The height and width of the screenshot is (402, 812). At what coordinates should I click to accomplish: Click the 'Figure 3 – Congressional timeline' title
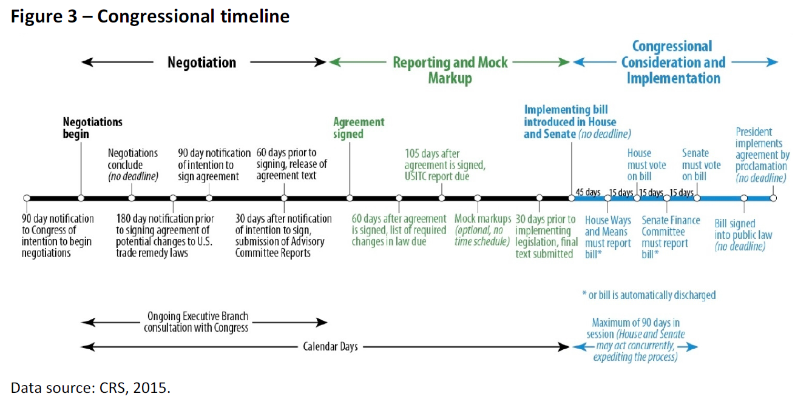coord(150,16)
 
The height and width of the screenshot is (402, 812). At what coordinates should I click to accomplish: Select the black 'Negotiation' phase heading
coord(201,62)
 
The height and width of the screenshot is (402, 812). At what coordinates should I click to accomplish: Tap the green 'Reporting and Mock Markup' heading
coord(450,70)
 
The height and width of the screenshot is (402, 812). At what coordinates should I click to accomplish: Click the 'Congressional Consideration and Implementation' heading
coord(672,62)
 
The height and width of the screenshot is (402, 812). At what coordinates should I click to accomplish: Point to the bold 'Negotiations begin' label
coord(92,128)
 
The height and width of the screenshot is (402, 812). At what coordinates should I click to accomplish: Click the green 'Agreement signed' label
coord(358,128)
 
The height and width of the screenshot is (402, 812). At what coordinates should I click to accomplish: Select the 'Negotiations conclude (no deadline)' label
coord(133,165)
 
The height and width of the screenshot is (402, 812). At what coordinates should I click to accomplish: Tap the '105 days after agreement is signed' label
coord(445,165)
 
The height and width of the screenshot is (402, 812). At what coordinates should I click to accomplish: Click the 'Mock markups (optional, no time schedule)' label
coord(482,230)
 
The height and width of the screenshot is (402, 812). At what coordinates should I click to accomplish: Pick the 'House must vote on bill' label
coord(646,165)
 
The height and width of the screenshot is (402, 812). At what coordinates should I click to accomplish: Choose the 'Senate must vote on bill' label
coord(701,165)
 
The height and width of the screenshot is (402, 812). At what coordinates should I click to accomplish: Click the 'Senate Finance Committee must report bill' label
coord(671,237)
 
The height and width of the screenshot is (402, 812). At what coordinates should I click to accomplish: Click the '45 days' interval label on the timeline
coord(588,192)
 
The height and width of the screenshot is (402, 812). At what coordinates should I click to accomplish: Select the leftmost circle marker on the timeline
coord(26,198)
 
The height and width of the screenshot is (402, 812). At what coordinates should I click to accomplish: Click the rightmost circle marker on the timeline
coord(773,198)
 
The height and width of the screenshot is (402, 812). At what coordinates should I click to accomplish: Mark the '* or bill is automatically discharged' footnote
coord(648,295)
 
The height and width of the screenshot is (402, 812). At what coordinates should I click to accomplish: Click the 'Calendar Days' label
coord(330,347)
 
